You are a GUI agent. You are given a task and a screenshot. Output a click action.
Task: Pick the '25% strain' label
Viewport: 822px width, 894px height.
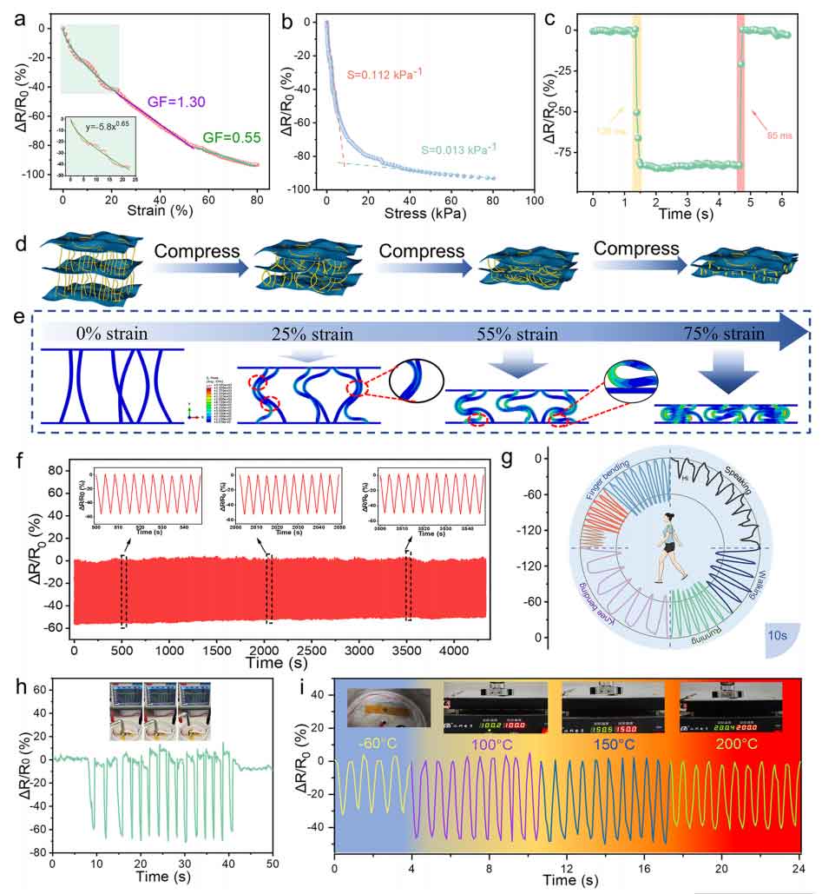272,334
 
